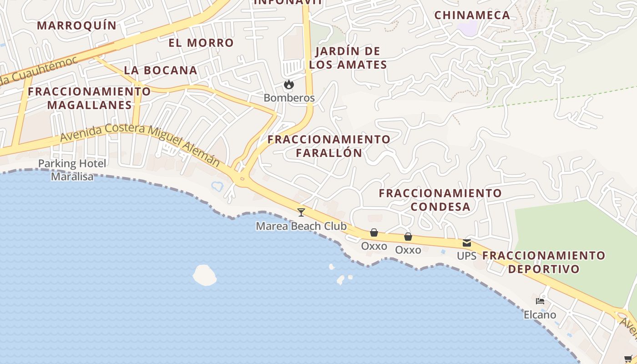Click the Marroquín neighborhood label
coord(76,25)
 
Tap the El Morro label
coord(201,43)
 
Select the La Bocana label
coord(161,71)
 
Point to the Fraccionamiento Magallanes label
coord(89,98)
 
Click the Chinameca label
coord(472,15)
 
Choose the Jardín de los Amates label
coord(348,58)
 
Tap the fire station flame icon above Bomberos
coord(288,85)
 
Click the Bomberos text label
coord(289,98)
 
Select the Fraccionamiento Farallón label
coord(329,146)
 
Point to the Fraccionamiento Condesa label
coord(440,200)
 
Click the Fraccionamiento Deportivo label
coord(544,262)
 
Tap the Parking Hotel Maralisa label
coord(72,170)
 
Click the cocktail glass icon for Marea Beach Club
coord(301,212)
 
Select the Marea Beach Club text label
coord(301,226)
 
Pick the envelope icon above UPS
coord(467,243)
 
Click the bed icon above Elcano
coord(540,301)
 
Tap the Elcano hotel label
coord(540,314)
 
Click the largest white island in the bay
coord(204,275)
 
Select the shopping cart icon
coord(628,359)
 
